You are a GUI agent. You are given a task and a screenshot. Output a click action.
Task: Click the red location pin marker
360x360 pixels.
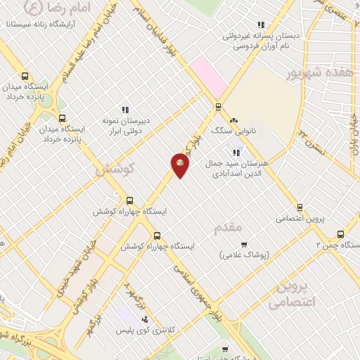coord(180,165)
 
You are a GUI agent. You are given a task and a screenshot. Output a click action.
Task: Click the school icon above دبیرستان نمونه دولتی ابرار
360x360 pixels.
coord(125,110)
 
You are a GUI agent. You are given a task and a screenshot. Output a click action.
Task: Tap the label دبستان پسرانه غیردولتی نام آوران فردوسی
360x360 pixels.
coord(252,41)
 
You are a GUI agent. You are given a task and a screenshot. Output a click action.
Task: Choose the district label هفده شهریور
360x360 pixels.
coord(314,74)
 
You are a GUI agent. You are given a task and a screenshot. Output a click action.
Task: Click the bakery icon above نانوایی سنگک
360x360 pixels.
coord(234,120)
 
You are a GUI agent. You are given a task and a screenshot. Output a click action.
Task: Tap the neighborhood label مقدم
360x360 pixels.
coord(228,226)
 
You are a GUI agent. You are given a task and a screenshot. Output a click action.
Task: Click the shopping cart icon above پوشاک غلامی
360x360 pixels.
coord(244,245)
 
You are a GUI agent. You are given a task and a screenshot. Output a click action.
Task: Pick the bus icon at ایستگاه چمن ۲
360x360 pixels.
coord(341,235)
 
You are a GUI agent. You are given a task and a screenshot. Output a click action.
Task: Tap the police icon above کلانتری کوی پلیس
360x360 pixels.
coord(145,319)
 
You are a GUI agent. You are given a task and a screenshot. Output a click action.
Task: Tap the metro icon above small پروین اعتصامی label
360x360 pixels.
coord(300,207)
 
